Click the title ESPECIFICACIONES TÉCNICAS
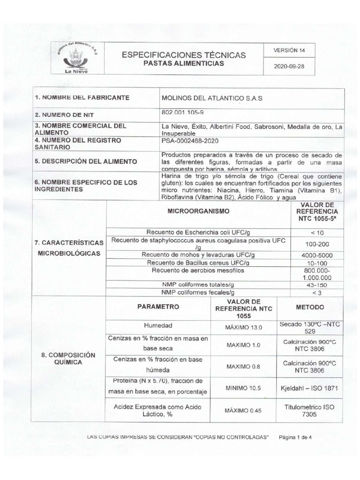click(183, 55)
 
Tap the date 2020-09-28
click(289, 66)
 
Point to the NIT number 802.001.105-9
click(182, 113)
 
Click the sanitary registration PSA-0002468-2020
click(190, 141)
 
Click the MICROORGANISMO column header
click(199, 212)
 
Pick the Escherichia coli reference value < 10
click(317, 232)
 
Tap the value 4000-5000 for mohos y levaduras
click(317, 255)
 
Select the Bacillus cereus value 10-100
click(317, 263)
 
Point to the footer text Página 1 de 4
click(298, 437)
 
